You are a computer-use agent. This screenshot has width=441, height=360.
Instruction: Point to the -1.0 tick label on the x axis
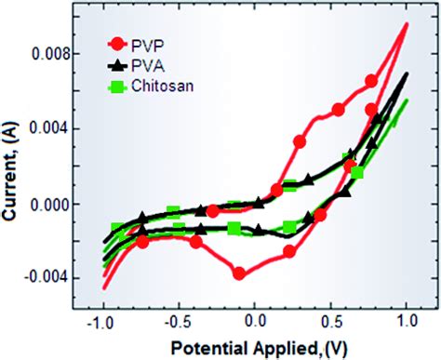tap(101, 319)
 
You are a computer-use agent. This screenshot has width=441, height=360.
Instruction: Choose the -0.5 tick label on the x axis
tap(178, 319)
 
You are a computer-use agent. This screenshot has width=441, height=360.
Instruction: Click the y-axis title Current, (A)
tap(16, 171)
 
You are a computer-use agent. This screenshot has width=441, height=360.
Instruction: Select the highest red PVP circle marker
tap(372, 81)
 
